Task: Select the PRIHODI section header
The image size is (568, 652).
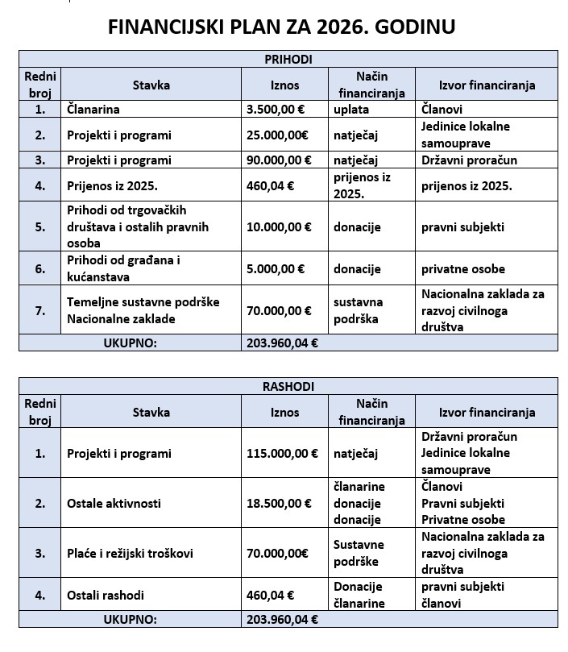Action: click(288, 59)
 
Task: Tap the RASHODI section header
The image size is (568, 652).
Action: click(288, 387)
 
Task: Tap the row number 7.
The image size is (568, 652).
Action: click(40, 310)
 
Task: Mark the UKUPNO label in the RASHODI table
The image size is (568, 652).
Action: click(130, 620)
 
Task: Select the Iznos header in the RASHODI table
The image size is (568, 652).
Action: click(284, 412)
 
